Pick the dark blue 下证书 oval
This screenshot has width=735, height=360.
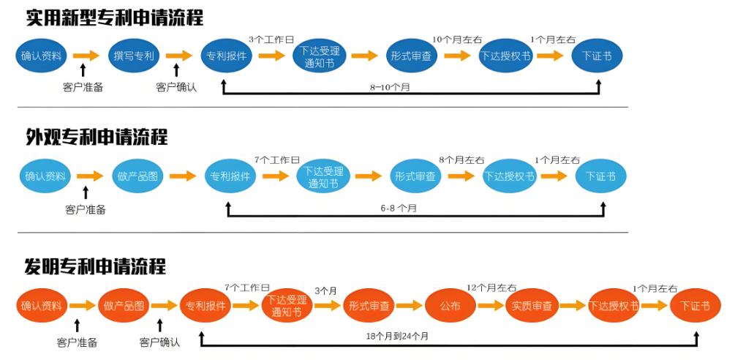click(597, 56)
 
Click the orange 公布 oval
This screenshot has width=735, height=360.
click(450, 306)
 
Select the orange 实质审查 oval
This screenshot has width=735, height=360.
click(532, 306)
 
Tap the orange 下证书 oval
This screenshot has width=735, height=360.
click(695, 306)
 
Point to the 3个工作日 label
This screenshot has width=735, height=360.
click(271, 39)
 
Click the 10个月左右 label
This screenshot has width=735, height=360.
click(456, 39)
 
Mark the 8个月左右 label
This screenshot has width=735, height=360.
click(461, 160)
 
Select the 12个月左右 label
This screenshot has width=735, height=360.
click(491, 288)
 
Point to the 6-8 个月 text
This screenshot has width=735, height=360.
click(399, 209)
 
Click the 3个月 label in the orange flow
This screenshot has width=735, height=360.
click(325, 290)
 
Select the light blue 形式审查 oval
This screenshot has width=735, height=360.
click(415, 176)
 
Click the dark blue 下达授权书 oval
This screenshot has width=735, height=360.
click(505, 56)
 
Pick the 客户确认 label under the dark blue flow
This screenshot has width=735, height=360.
click(176, 87)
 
